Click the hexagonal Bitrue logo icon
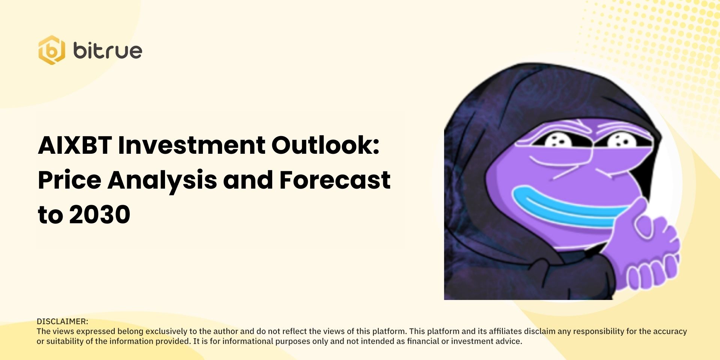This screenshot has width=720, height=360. [x=52, y=50]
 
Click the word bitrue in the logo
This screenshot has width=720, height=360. [x=108, y=51]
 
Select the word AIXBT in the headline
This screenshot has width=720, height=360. [x=75, y=145]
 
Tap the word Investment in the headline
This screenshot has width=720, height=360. [x=192, y=145]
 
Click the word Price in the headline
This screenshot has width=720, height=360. [x=69, y=180]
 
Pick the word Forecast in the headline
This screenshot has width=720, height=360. [x=335, y=180]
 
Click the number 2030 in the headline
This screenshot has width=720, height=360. [x=100, y=215]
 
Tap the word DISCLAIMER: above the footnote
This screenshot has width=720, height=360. [x=62, y=321]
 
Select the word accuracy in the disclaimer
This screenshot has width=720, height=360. [x=670, y=331]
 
